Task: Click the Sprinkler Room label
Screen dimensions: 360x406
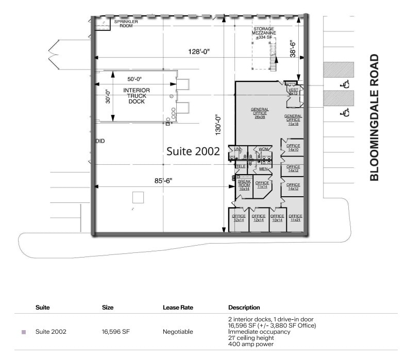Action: (x=123, y=24)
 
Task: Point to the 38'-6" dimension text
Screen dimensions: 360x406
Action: (x=293, y=49)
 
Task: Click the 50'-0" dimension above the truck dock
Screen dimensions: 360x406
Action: (x=134, y=79)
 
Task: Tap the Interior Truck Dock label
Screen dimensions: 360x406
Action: (x=137, y=96)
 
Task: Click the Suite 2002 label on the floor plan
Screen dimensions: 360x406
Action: (x=194, y=151)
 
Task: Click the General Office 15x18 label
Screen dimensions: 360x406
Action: (x=293, y=119)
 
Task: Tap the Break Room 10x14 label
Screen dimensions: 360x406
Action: (x=244, y=185)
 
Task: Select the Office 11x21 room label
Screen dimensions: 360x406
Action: (x=295, y=218)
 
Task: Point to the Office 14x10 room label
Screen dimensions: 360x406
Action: (x=293, y=147)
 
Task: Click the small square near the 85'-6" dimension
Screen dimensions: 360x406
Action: (x=138, y=198)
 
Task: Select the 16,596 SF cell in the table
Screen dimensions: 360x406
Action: (x=115, y=332)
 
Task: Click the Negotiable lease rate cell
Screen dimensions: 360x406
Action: (x=178, y=332)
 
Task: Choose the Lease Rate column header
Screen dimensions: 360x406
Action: (x=178, y=307)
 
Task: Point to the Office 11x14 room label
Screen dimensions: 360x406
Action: (x=262, y=184)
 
